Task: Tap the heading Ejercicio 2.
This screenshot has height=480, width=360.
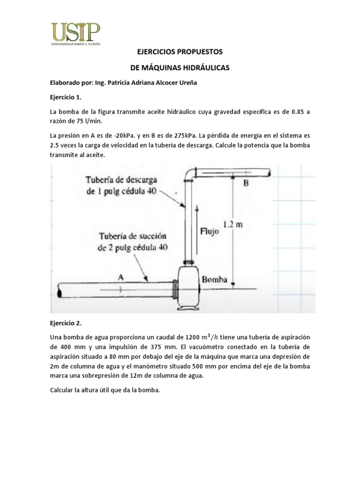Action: pyautogui.click(x=66, y=323)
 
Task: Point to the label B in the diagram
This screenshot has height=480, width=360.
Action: pyautogui.click(x=246, y=183)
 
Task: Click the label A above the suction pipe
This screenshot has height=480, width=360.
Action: pyautogui.click(x=120, y=277)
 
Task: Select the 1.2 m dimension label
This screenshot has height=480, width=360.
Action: pyautogui.click(x=232, y=224)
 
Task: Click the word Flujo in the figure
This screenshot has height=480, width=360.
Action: pyautogui.click(x=210, y=231)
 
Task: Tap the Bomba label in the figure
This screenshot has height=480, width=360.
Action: pyautogui.click(x=215, y=280)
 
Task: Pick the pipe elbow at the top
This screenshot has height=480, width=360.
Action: pyautogui.click(x=189, y=174)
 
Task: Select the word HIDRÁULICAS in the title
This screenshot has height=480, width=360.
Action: pyautogui.click(x=204, y=67)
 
